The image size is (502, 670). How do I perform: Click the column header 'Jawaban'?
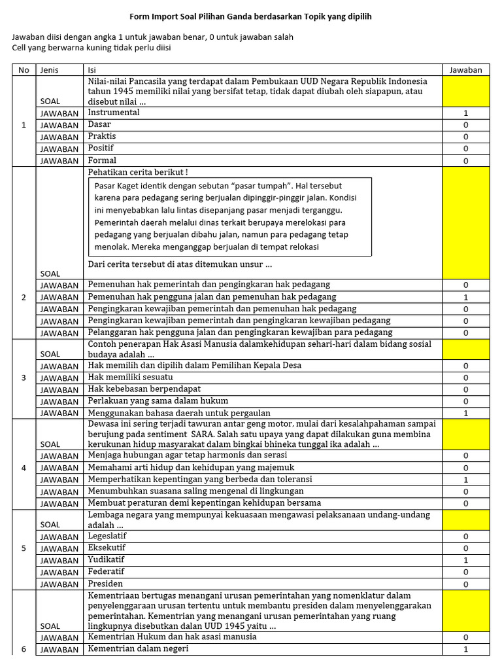[x=465, y=70]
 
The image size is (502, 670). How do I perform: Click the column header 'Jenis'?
[x=50, y=70]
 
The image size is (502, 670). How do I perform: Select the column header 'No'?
[x=24, y=70]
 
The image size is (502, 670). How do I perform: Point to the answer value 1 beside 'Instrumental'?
[x=465, y=113]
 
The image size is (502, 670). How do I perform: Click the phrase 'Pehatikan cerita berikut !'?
[x=138, y=172]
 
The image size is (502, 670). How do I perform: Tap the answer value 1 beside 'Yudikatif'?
[x=465, y=561]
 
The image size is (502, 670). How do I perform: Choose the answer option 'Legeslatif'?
[x=109, y=537]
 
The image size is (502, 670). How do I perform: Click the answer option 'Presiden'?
[x=105, y=584]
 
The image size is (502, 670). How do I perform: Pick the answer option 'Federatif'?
[x=107, y=572]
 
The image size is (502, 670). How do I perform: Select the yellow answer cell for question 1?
[x=465, y=91]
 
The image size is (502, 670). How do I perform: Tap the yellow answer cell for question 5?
[x=465, y=520]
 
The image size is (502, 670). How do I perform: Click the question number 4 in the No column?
[x=24, y=468]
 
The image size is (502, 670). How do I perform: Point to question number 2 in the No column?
[x=24, y=298]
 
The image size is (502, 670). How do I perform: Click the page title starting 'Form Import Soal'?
[x=250, y=16]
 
